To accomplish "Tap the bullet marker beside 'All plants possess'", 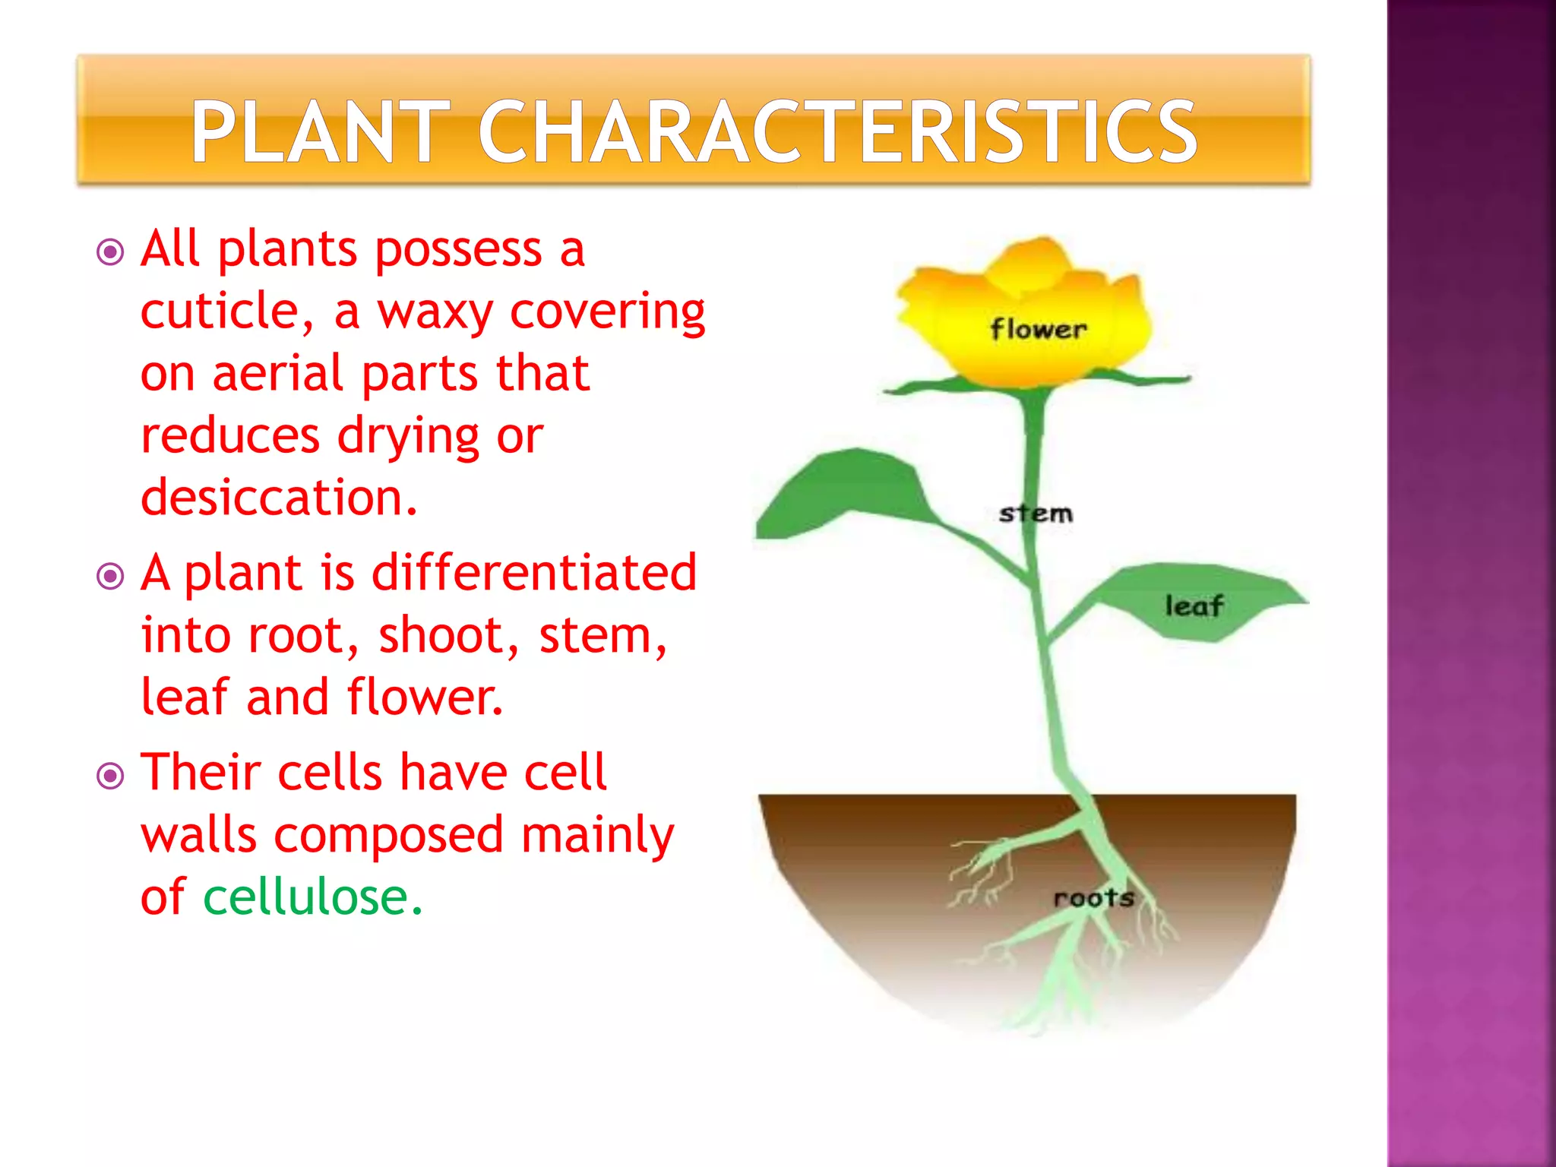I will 111,251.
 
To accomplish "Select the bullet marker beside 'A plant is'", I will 111,576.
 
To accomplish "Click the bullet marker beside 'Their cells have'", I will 111,776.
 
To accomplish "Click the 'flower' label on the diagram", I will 1038,330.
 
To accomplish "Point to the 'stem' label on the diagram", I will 1036,514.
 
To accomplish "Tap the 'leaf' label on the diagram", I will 1194,606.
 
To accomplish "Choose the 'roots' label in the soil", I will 1093,898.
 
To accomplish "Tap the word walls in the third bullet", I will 198,835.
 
